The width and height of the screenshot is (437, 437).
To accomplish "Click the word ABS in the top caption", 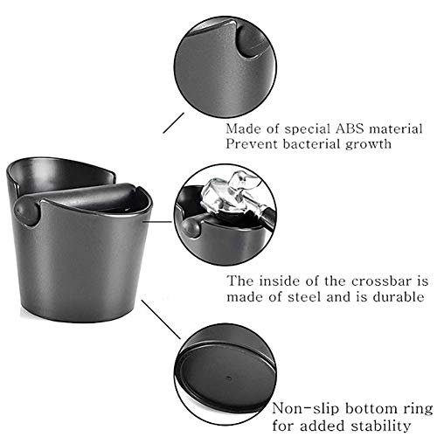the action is tap(350, 128).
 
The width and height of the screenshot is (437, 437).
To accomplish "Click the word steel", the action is tap(305, 297).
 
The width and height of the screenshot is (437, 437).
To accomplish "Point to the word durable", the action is tap(399, 297).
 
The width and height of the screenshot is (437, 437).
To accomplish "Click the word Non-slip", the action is tap(306, 408).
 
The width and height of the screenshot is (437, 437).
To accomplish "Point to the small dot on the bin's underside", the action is tap(229, 378).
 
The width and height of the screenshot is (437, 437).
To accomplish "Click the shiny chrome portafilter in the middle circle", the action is tap(230, 194).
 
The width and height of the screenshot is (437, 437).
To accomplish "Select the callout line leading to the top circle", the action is tap(174, 123).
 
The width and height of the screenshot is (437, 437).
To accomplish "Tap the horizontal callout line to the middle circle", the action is tap(157, 222).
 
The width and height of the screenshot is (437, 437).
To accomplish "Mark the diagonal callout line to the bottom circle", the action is tap(161, 319).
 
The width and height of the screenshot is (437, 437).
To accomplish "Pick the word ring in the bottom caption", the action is tap(419, 409).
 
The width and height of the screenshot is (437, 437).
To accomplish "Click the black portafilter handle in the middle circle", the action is tap(267, 215).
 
